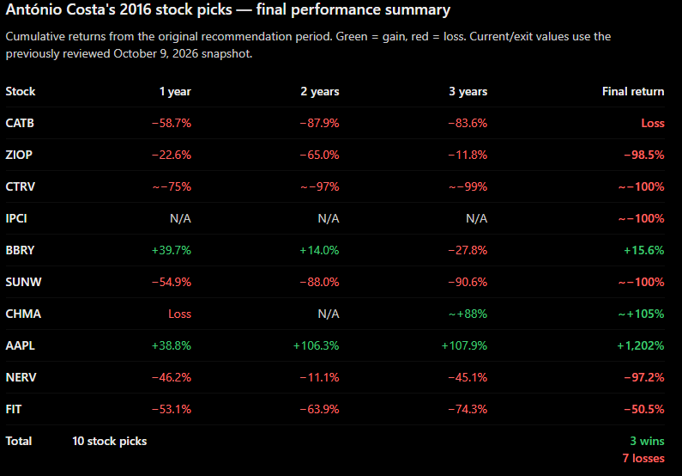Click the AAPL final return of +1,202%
click(641, 345)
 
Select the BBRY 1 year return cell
click(172, 250)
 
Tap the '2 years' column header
click(320, 91)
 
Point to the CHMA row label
click(23, 314)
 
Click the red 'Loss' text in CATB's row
click(653, 123)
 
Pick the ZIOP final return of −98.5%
click(644, 155)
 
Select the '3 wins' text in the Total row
click(647, 441)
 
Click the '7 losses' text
click(643, 458)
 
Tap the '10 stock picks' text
click(110, 441)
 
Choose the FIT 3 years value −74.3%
click(468, 409)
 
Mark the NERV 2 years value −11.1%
click(320, 377)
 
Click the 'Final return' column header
click(633, 91)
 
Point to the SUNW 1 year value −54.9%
click(172, 282)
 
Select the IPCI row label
click(16, 218)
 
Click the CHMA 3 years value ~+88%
click(468, 314)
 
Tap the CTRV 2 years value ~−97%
click(320, 186)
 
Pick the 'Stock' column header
click(21, 91)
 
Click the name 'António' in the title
click(33, 9)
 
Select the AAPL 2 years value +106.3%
click(317, 345)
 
